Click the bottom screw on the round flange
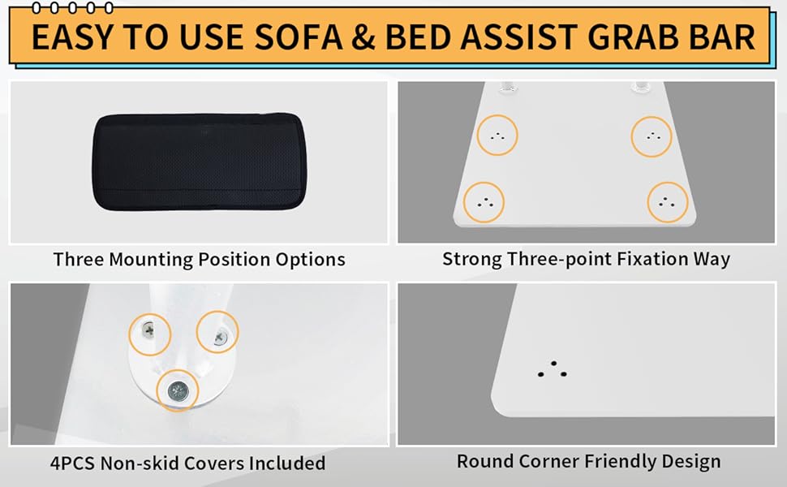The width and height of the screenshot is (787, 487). [177, 390]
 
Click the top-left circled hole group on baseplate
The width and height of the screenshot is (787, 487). [497, 136]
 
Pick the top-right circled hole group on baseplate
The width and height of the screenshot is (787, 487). [652, 136]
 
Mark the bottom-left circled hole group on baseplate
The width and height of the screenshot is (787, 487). [484, 201]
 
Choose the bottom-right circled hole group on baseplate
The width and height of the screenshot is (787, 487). [668, 201]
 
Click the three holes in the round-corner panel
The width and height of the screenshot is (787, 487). [553, 369]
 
